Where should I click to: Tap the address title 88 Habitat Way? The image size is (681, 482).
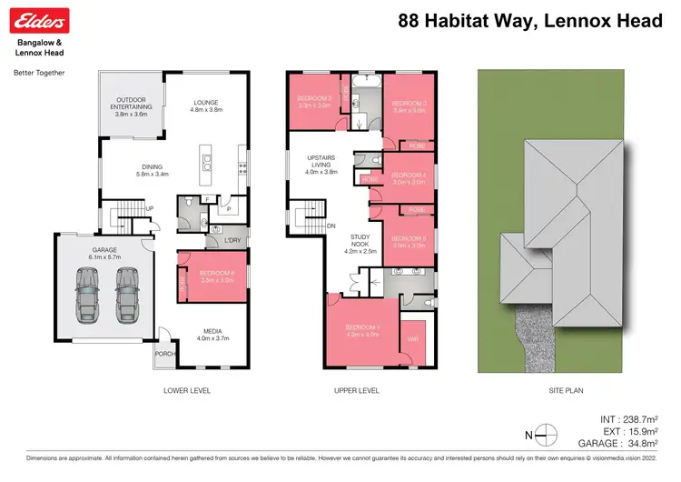tap(530, 20)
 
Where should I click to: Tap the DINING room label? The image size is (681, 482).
tap(151, 167)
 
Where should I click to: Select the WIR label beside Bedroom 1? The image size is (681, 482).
tap(413, 339)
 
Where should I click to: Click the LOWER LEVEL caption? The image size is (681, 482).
tap(187, 391)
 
